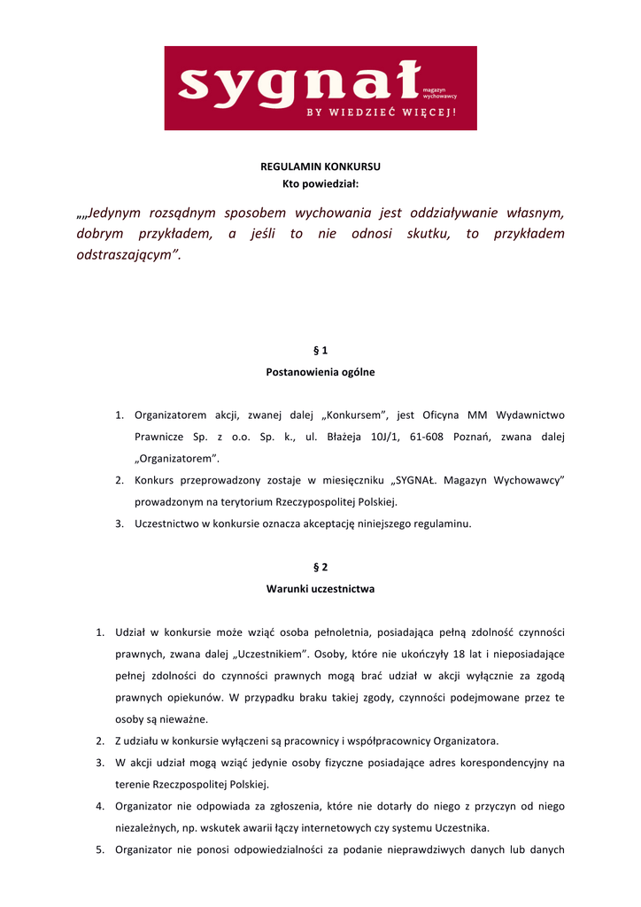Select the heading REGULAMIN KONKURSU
320,167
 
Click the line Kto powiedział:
320,183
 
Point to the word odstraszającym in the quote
128,255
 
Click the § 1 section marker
320,351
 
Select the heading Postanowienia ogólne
320,372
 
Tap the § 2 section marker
320,567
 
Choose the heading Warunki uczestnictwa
320,588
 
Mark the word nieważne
158,718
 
